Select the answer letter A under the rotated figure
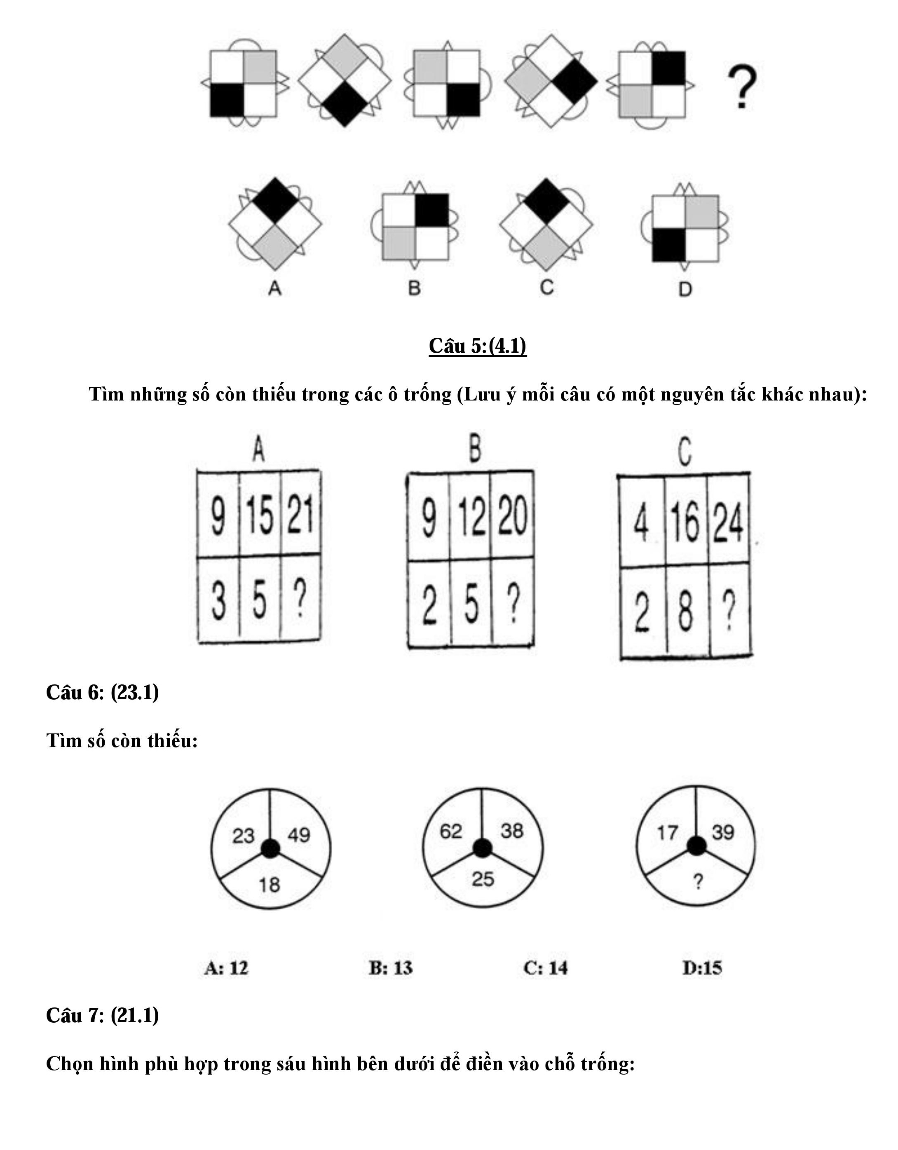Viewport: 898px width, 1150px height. (274, 288)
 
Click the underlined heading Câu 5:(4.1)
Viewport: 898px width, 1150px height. (477, 346)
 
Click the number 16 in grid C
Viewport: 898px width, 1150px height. (685, 522)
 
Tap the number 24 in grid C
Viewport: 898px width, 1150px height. (728, 523)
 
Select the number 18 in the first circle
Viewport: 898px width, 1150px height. (269, 885)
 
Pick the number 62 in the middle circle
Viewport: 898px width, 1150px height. (451, 831)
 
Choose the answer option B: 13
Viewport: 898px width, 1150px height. (391, 968)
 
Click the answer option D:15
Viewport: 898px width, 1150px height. (702, 968)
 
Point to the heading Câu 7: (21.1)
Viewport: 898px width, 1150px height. (102, 1015)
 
